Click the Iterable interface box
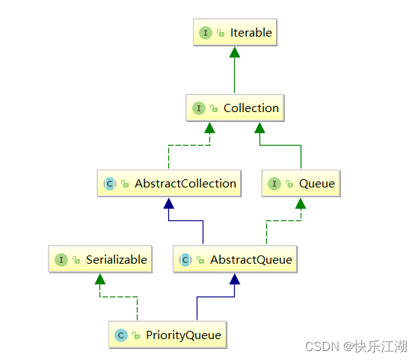pyautogui.click(x=235, y=32)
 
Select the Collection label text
pyautogui.click(x=251, y=108)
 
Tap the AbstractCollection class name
pyautogui.click(x=185, y=184)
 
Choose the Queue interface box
pyautogui.click(x=301, y=183)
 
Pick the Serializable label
pyautogui.click(x=117, y=260)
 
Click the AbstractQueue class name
pyautogui.click(x=251, y=260)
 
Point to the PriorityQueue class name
pyautogui.click(x=183, y=335)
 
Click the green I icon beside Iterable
pyautogui.click(x=206, y=33)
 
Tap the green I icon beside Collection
pyautogui.click(x=199, y=108)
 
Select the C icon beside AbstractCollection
pyautogui.click(x=110, y=184)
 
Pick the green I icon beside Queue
pyautogui.click(x=274, y=184)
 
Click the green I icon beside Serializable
pyautogui.click(x=61, y=260)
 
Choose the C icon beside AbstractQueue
pyautogui.click(x=185, y=260)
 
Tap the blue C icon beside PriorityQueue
pyautogui.click(x=120, y=335)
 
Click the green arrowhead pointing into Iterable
pyautogui.click(x=235, y=52)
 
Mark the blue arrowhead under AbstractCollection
pyautogui.click(x=169, y=203)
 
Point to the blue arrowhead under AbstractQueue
pyautogui.click(x=235, y=279)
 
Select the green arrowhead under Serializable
pyautogui.click(x=100, y=279)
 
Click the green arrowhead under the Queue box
pyautogui.click(x=301, y=203)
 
